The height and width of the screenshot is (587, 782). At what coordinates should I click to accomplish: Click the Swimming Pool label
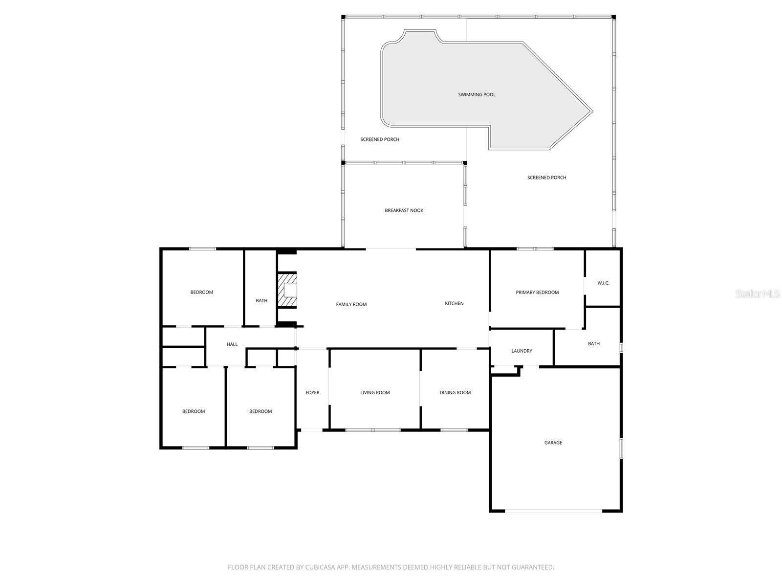pos(477,94)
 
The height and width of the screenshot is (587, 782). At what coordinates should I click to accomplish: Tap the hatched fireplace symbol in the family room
pos(287,290)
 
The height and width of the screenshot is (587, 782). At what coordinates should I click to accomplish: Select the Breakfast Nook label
pos(404,210)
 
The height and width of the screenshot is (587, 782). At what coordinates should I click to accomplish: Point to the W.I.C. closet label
pos(603,283)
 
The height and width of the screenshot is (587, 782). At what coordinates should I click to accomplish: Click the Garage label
pos(553,443)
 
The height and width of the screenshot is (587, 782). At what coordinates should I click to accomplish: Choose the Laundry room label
pos(521,351)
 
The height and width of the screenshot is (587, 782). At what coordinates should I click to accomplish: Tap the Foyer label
pos(312,392)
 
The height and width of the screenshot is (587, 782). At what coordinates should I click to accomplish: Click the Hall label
pos(232,344)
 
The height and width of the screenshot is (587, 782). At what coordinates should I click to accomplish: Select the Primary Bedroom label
pos(537,293)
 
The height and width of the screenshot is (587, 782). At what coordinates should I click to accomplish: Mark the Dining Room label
pos(455,392)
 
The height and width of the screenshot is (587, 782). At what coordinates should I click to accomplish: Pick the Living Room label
pos(375,392)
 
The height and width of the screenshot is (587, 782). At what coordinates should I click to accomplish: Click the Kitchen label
pos(454,303)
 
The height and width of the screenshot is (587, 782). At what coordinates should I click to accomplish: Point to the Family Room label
pos(351,304)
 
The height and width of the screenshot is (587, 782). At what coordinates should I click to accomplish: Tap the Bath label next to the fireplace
pos(261,300)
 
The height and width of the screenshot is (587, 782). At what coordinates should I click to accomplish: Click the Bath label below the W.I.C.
pos(593,344)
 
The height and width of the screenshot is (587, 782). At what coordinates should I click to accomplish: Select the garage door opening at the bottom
pos(554,511)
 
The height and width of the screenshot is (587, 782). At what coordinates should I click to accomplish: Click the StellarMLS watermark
pos(757,294)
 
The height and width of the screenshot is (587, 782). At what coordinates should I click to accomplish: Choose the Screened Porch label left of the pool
pos(380,139)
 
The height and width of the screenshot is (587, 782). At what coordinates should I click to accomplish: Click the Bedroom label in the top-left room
pos(201,293)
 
